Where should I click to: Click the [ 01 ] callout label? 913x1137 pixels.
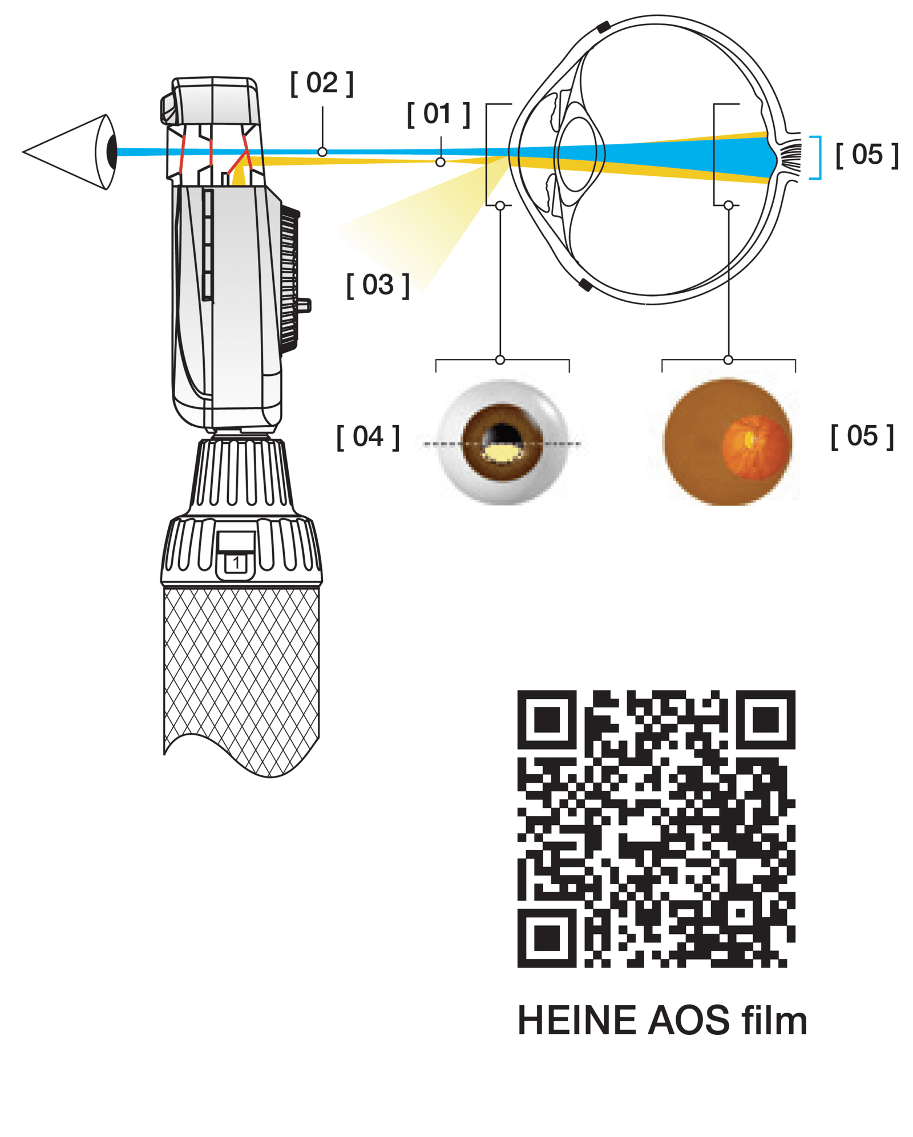tap(438, 114)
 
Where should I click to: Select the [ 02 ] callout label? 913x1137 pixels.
tap(321, 83)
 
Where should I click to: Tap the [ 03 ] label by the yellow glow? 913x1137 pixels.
tap(377, 285)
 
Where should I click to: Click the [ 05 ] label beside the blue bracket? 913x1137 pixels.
tap(866, 155)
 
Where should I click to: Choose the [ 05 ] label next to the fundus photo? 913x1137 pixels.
tap(861, 436)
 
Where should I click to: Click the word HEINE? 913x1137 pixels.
tap(576, 1021)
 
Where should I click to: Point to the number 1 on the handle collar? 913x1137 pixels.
tap(236, 563)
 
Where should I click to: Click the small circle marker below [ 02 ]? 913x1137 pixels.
tap(322, 152)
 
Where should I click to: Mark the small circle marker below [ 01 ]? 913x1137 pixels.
tap(440, 162)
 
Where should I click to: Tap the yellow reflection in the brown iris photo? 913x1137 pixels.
tap(502, 454)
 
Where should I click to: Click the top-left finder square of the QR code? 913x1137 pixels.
tap(546, 719)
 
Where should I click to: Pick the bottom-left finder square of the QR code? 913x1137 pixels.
tap(546, 938)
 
